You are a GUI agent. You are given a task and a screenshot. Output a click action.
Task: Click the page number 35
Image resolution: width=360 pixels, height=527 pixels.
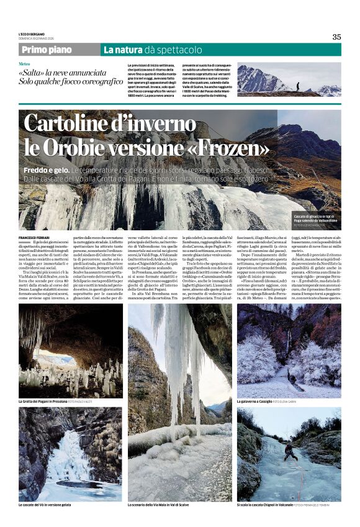tap(336, 37)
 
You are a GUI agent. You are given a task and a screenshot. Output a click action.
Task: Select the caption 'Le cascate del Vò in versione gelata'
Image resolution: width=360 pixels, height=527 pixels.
tap(52, 505)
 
